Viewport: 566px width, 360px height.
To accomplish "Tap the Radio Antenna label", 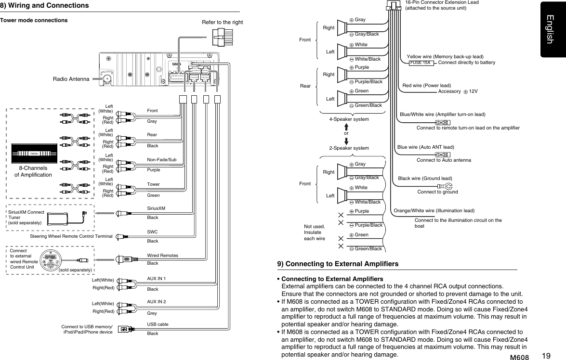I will tap(71, 79).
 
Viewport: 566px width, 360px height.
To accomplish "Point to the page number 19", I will tap(546, 356).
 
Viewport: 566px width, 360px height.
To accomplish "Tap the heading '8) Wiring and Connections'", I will tap(45, 5).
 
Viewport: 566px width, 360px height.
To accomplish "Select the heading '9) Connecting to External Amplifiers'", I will tap(338, 264).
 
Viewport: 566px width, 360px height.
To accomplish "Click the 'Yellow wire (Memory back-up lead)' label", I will tap(445, 56).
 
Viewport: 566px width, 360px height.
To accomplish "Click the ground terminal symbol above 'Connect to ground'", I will tap(444, 186).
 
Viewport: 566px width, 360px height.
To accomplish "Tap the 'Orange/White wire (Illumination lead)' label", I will tap(434, 210).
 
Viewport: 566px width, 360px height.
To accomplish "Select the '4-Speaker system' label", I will tap(349, 119).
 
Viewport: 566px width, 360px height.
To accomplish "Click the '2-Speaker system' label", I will tap(349, 148).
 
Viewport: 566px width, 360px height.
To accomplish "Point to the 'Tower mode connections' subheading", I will tap(34, 21).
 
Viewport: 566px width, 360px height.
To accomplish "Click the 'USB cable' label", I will tap(158, 324).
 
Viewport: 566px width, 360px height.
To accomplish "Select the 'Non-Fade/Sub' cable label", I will tap(161, 159).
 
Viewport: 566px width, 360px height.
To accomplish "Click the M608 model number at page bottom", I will tap(519, 357).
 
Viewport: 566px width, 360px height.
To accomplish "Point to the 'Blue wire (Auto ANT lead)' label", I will tap(426, 147).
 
